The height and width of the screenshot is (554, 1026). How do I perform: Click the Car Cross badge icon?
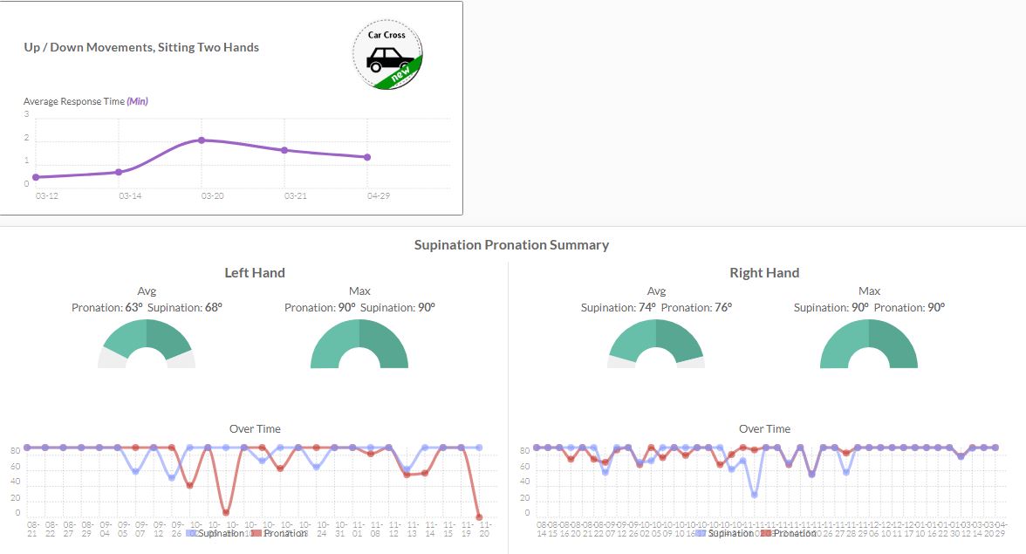click(x=388, y=55)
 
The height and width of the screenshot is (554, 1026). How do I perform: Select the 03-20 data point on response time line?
click(x=202, y=140)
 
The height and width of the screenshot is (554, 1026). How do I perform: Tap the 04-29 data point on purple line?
click(x=367, y=157)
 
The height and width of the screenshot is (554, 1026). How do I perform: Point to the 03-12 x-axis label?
click(x=46, y=196)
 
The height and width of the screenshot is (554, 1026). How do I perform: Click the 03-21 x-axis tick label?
click(x=295, y=196)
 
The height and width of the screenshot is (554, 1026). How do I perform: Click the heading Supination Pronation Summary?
click(x=511, y=245)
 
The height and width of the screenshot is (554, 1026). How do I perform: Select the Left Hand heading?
click(x=255, y=273)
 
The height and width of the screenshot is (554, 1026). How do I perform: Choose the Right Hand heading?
click(x=764, y=273)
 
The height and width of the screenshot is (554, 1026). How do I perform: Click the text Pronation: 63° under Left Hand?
click(x=106, y=307)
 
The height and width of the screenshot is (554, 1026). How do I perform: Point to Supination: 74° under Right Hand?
click(x=617, y=307)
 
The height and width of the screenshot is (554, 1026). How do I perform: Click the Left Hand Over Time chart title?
click(x=255, y=429)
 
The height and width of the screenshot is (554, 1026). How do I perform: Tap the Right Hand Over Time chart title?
click(x=764, y=429)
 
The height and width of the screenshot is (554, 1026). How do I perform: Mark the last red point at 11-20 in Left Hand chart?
click(x=478, y=517)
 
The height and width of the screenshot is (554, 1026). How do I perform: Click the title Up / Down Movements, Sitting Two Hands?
click(x=141, y=47)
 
